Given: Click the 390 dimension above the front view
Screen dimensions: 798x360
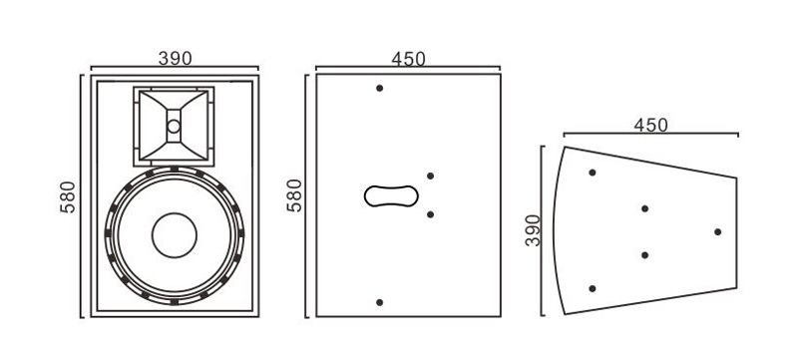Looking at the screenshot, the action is click(x=176, y=59).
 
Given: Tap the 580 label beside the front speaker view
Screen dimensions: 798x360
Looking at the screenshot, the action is click(x=68, y=196).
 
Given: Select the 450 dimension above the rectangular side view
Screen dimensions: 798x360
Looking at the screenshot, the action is click(x=408, y=59).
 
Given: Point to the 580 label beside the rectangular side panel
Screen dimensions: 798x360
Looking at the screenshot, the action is click(x=294, y=195).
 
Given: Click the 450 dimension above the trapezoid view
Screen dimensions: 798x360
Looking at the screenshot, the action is click(x=650, y=125).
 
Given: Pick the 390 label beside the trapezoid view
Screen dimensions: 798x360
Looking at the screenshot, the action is click(x=533, y=230).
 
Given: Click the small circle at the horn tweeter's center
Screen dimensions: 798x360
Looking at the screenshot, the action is click(x=174, y=126).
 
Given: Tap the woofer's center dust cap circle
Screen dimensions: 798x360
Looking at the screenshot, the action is click(x=174, y=235).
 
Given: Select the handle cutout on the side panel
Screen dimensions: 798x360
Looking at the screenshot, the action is click(x=391, y=195).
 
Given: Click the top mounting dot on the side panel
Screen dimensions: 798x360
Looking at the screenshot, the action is click(x=379, y=88).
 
